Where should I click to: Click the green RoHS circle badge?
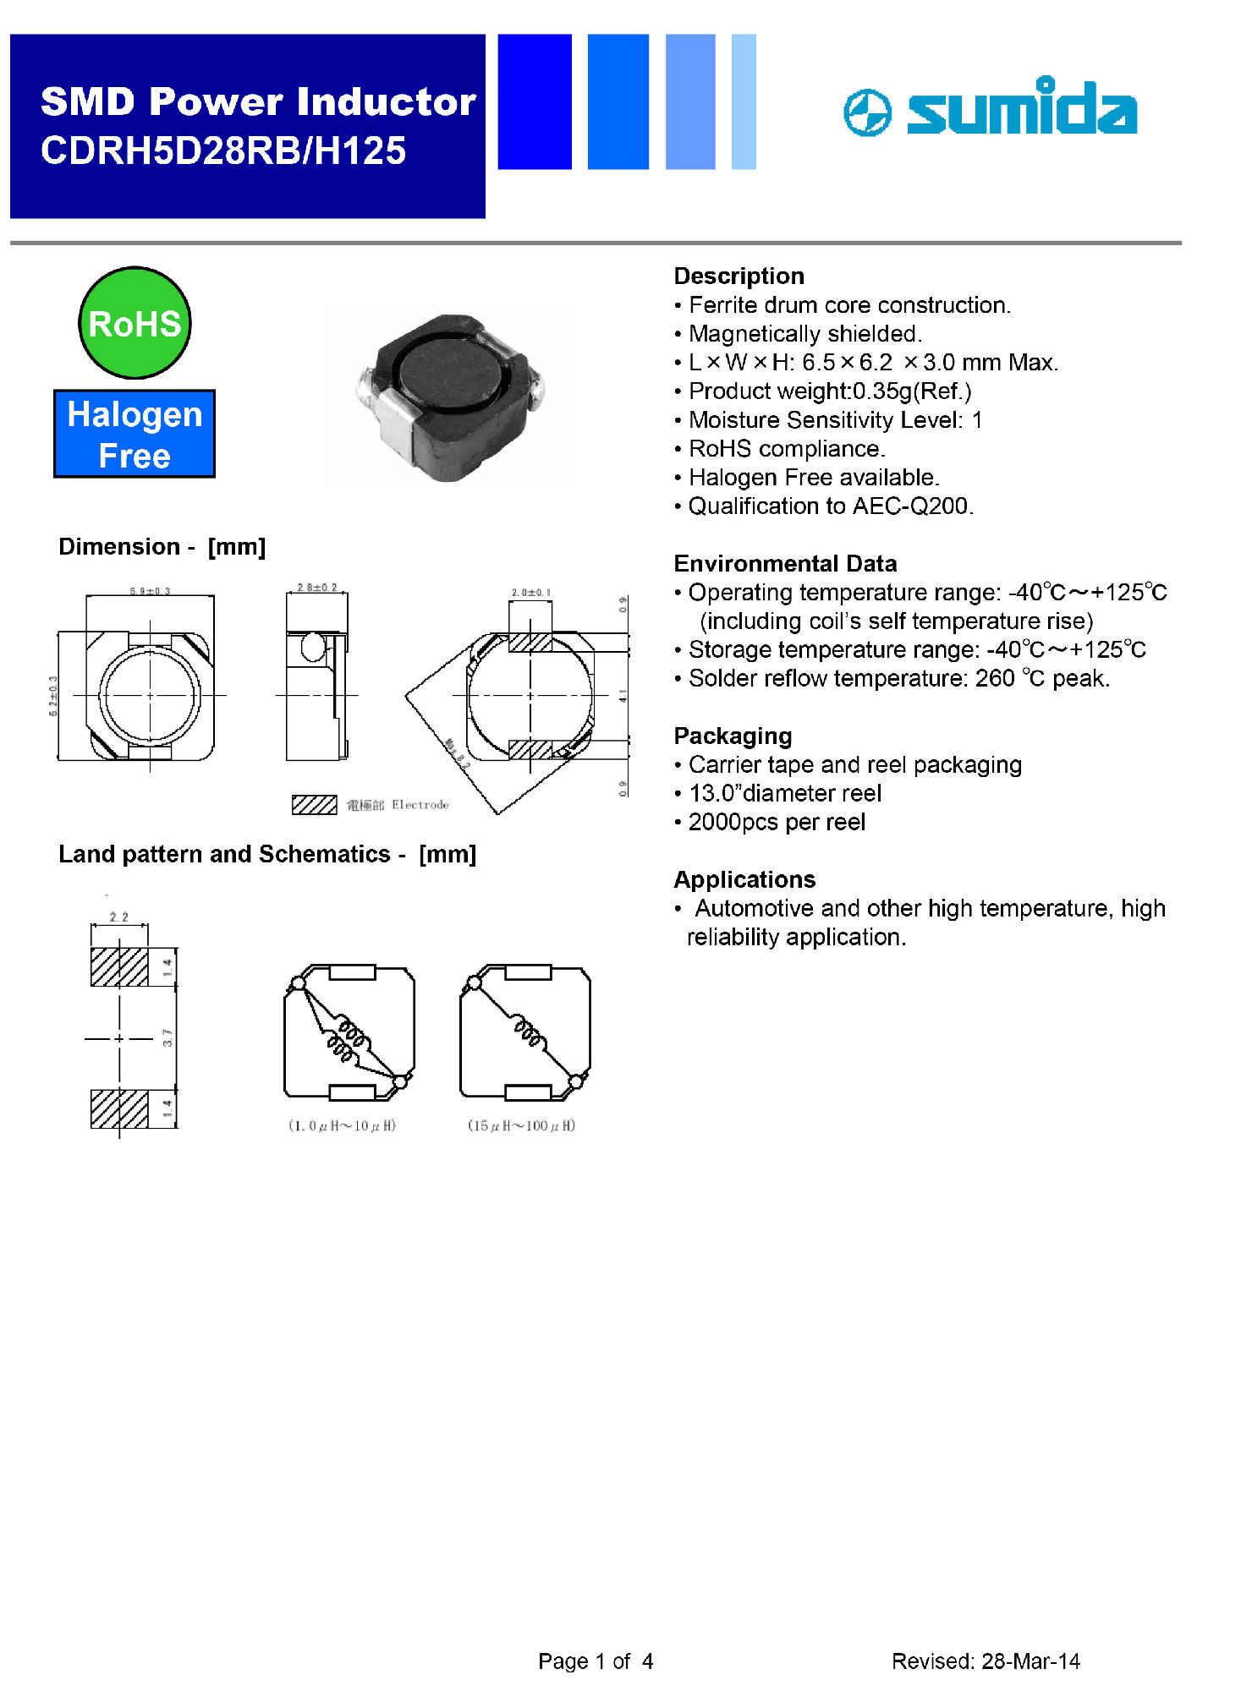click(135, 323)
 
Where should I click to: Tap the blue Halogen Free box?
click(135, 435)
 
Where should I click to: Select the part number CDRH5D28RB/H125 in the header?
click(223, 150)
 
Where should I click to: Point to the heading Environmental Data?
click(785, 563)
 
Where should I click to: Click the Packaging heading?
click(733, 736)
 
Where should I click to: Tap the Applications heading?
click(744, 879)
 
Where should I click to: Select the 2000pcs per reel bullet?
click(777, 822)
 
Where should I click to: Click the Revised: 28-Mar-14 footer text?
click(986, 1661)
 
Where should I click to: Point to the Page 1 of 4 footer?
click(596, 1661)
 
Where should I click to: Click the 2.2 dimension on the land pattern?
click(119, 917)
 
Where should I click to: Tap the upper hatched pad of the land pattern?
click(119, 966)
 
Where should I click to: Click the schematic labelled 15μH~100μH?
click(525, 1033)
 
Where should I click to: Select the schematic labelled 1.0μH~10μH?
click(349, 1033)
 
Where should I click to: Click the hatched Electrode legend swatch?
click(314, 804)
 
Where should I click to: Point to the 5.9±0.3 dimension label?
click(150, 591)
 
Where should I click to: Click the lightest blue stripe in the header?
click(743, 101)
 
